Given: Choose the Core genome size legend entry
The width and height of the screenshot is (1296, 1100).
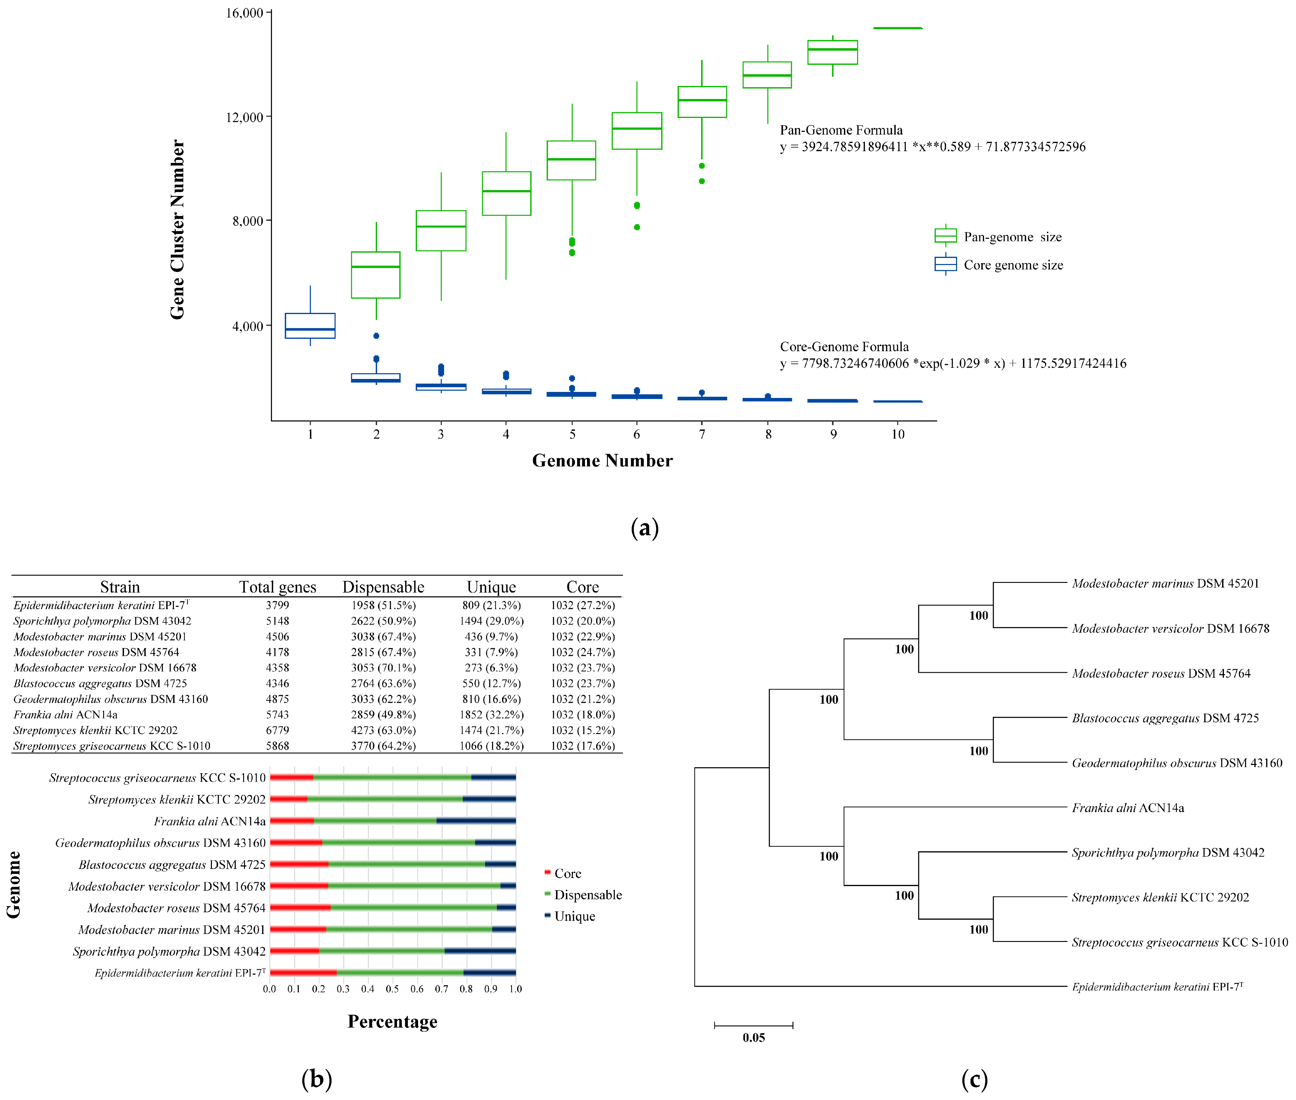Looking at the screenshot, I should tap(1012, 265).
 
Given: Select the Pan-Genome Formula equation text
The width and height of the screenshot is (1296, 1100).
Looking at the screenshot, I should tap(932, 147).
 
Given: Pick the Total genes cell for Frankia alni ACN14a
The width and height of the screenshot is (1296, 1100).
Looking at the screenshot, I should tap(278, 715).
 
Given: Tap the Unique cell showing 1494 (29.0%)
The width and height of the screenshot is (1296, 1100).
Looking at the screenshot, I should tap(491, 621).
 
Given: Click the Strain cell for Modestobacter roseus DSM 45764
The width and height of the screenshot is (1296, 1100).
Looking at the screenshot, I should tap(97, 652).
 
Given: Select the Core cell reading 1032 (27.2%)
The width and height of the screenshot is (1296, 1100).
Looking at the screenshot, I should tap(582, 606).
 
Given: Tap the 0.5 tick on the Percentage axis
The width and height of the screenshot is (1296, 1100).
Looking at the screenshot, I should tap(392, 989).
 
